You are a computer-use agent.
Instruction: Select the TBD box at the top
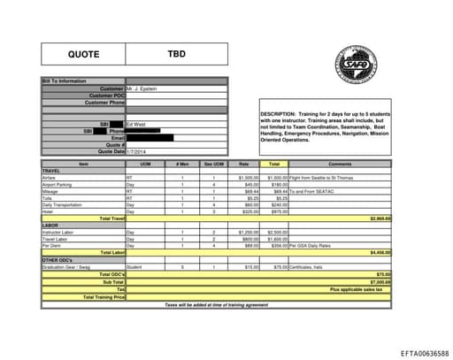click(177, 55)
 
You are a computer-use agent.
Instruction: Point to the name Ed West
click(136, 124)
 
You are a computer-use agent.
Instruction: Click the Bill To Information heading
click(65, 81)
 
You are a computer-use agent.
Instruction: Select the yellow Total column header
click(274, 165)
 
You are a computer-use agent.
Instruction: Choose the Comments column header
click(340, 165)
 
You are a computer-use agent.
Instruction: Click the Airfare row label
click(50, 177)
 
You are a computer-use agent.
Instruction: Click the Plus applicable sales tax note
click(357, 289)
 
